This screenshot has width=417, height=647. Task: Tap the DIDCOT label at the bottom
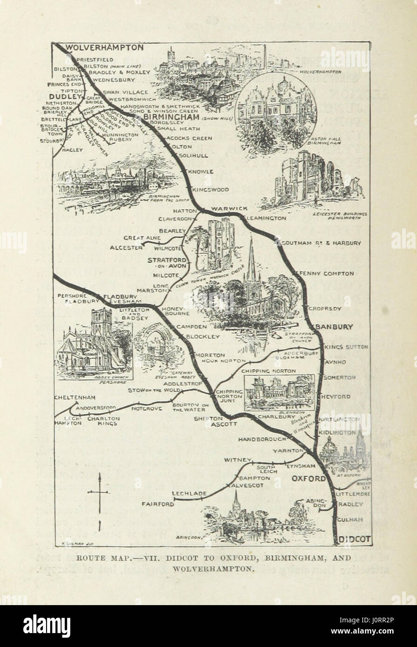354,539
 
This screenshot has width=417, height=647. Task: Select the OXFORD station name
309,479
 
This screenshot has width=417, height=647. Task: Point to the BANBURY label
334,327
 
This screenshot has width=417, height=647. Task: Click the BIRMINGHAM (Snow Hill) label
171,117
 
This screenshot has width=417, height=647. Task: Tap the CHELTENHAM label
75,398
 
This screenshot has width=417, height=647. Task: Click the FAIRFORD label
158,504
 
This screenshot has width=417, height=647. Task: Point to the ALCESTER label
126,248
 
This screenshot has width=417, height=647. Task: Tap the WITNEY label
237,460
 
